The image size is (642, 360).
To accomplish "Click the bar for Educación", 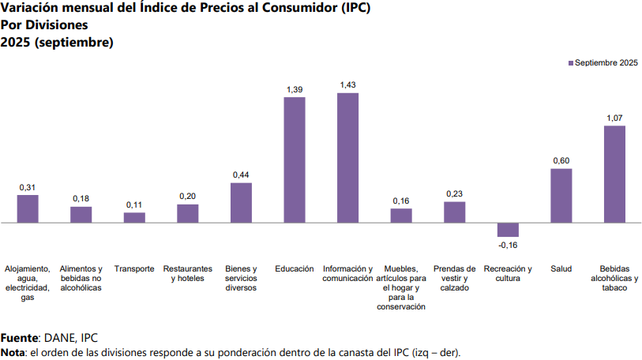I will tap(295, 160).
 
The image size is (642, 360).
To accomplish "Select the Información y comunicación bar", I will tap(347, 158).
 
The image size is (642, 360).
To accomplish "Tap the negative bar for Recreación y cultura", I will tap(508, 230).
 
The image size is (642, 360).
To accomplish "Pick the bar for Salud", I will tap(561, 196).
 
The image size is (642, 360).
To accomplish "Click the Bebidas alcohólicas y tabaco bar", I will tap(614, 174).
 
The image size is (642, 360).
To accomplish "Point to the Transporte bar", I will tap(134, 218).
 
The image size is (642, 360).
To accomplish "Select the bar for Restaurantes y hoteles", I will tap(188, 214).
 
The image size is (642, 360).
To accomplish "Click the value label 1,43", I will tap(347, 84).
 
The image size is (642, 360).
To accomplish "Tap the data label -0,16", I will tap(508, 246).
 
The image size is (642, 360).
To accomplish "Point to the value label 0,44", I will tap(241, 174).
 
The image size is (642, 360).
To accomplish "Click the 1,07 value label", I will tap(614, 118).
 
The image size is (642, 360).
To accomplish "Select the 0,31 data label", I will tap(28, 187).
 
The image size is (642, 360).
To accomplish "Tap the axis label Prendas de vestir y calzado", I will tap(454, 278).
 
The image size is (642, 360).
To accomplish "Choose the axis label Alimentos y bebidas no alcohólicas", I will tap(81, 278).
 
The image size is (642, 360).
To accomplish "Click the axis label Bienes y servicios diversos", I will tap(241, 278).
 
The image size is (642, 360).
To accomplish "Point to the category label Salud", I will tap(561, 268).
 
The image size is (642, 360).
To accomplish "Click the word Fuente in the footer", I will tap(19, 338).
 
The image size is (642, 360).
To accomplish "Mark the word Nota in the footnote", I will tap(13, 351).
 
